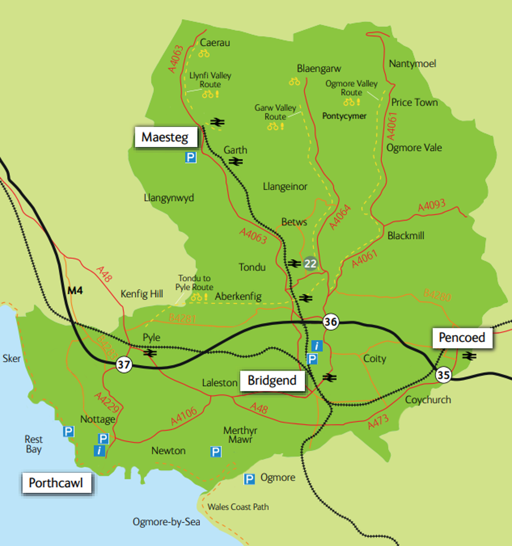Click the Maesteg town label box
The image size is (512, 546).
tap(166, 137)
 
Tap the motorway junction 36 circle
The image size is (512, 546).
tap(330, 322)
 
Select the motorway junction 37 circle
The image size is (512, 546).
tap(124, 365)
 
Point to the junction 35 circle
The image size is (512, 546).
tap(443, 375)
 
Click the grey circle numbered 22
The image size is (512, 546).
tap(310, 264)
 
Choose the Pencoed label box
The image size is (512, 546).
tap(462, 337)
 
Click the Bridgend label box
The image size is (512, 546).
tap(272, 381)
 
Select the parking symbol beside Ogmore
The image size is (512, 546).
tap(249, 479)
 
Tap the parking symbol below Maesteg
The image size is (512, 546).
tap(191, 158)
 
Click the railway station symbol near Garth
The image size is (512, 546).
tap(236, 161)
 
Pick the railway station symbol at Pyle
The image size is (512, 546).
tap(150, 353)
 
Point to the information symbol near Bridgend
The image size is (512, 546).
tap(317, 346)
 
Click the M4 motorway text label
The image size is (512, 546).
tap(75, 291)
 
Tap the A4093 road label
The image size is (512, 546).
tap(431, 205)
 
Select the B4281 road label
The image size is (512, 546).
tap(182, 319)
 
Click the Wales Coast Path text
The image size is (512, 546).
tap(238, 507)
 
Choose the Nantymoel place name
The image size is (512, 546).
tap(412, 64)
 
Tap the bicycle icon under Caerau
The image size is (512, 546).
tap(204, 53)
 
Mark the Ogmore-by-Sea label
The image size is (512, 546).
tap(166, 522)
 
